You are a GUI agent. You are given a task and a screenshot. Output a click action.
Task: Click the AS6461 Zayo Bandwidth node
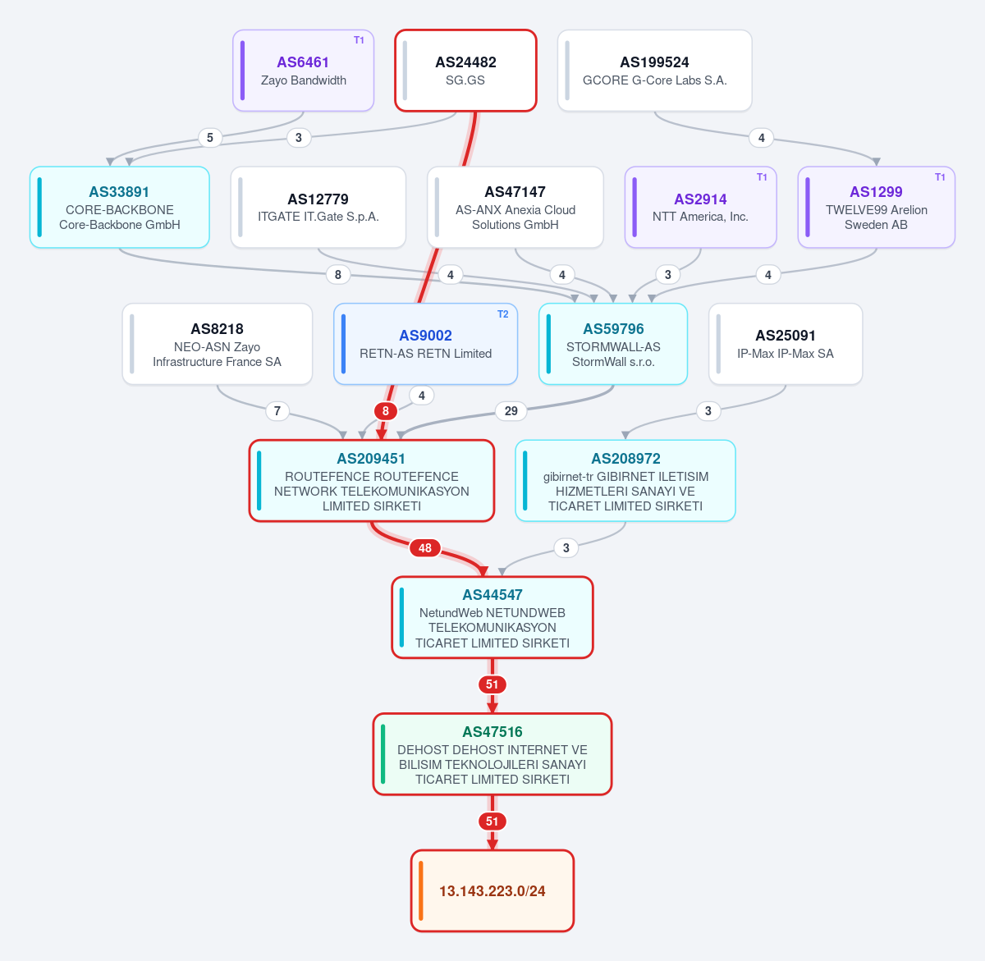point(303,71)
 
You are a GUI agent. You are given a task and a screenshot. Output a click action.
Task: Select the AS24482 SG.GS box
point(465,71)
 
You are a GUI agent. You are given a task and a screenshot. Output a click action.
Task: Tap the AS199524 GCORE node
point(654,71)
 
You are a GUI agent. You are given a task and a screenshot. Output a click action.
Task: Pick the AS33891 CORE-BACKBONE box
point(120,207)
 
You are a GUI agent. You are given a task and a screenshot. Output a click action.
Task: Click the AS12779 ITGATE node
point(318,207)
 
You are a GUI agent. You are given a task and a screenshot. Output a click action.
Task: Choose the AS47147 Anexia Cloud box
point(515,207)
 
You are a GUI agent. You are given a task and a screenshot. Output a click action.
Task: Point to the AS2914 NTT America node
point(700,207)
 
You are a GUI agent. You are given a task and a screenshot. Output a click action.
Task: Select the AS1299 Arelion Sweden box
point(876,207)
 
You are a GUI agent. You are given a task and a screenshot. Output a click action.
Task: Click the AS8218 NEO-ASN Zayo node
point(218,344)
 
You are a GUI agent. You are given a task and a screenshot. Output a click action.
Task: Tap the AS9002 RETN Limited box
point(425,344)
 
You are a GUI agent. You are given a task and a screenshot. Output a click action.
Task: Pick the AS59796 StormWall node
point(613,344)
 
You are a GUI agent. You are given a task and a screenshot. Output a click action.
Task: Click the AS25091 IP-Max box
point(785,344)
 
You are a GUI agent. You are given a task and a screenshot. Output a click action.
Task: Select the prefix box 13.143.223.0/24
point(492,890)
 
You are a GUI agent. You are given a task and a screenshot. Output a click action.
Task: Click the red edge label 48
point(425,547)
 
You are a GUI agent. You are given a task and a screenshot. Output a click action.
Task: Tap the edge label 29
point(511,411)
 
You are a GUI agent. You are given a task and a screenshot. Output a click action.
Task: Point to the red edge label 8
point(386,411)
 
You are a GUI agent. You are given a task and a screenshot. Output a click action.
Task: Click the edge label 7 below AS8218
point(277,411)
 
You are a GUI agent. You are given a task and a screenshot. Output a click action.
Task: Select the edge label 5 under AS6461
point(210,138)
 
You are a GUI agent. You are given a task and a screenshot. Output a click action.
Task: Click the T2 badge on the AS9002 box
point(502,314)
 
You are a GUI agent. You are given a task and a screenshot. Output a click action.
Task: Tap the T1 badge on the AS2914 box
point(762,177)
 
